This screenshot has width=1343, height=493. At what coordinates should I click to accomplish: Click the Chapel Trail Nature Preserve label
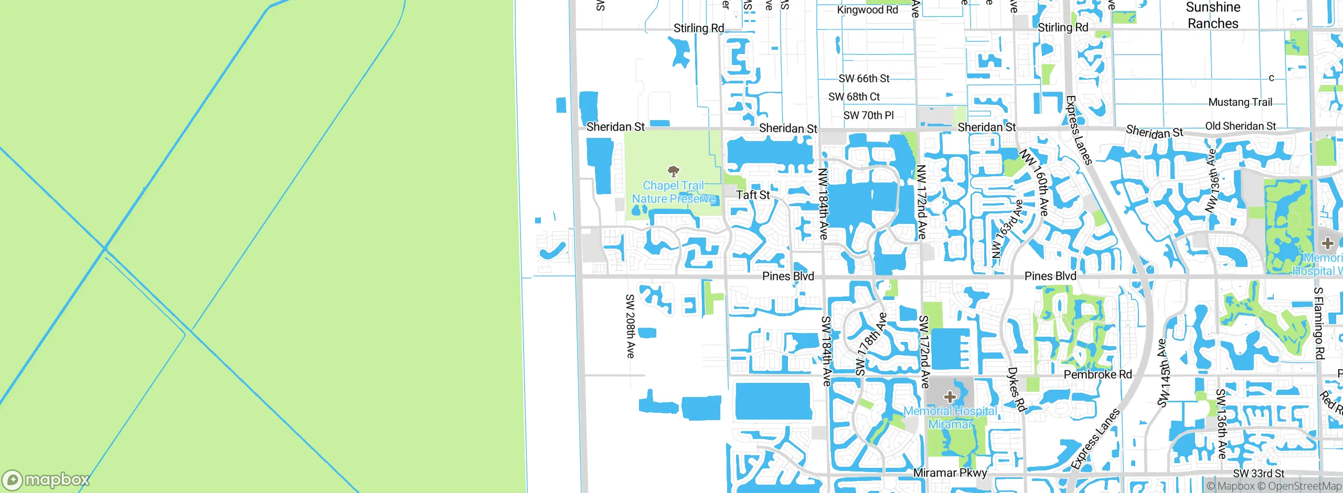point(673,192)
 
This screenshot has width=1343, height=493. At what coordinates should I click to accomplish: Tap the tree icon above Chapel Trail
point(674,171)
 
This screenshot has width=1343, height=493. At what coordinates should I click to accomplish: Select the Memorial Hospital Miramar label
point(950,417)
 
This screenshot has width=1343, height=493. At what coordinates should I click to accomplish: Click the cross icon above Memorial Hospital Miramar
point(950,397)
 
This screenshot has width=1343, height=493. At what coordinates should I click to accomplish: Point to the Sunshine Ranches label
point(1213,15)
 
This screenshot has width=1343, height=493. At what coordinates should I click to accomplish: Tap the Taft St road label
point(753,195)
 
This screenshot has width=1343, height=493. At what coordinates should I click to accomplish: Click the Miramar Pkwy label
point(950,473)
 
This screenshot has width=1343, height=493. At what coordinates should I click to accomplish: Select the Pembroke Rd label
point(1097,374)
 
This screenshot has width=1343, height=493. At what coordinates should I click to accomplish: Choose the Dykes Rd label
point(1016,389)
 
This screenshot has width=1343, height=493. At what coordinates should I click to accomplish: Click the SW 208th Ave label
point(630,326)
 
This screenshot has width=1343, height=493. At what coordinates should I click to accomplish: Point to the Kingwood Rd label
point(867,10)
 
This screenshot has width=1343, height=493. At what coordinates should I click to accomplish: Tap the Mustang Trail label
point(1240,102)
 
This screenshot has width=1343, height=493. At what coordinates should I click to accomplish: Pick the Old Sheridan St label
point(1240,126)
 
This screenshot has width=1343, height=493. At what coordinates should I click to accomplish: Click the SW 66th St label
point(864,79)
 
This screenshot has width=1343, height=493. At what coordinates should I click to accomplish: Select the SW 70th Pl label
point(868,115)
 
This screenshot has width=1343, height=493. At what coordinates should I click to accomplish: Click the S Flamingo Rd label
point(1319,323)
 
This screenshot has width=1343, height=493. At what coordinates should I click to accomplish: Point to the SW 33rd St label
point(1259,474)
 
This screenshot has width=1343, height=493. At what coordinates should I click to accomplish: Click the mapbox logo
point(46,480)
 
